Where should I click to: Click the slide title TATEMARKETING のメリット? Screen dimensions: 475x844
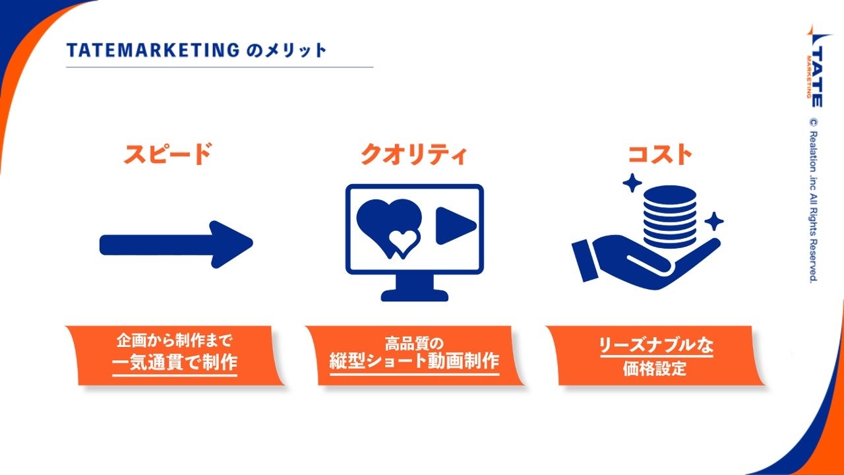(196, 51)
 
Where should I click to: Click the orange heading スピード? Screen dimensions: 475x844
(167, 154)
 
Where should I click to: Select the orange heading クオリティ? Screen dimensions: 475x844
(414, 154)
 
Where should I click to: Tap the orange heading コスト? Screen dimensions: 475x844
(660, 154)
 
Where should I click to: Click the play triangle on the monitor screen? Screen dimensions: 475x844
(453, 226)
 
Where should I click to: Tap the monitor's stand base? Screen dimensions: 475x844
(414, 295)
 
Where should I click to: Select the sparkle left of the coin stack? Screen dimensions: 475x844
(632, 182)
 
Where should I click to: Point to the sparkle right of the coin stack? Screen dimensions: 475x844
(713, 221)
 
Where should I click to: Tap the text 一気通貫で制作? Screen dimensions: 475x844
(174, 363)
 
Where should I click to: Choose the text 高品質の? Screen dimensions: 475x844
(414, 343)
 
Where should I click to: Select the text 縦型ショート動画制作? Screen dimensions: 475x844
(414, 362)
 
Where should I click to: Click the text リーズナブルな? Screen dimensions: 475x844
(655, 346)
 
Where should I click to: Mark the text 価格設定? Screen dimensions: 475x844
(655, 368)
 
